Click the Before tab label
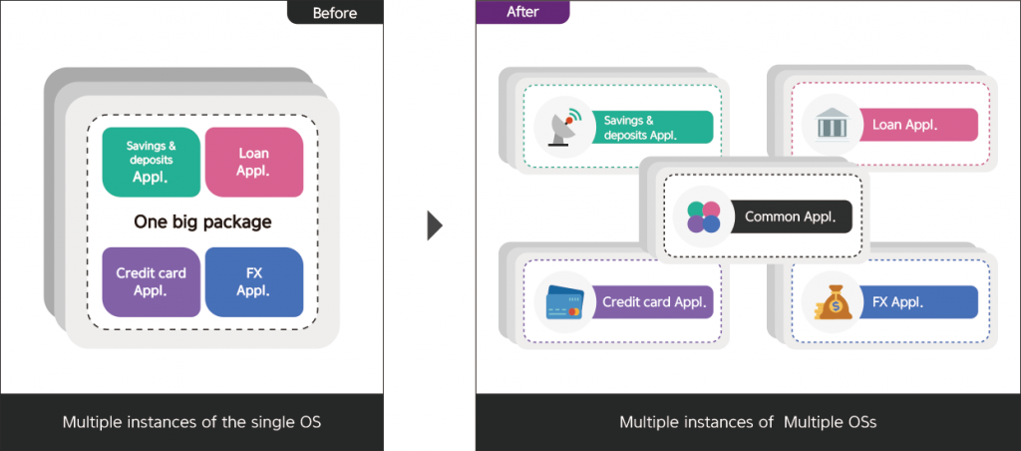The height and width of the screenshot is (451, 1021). (x=335, y=12)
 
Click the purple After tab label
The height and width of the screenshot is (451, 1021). (x=521, y=12)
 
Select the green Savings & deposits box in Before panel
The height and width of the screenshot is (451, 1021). (x=151, y=163)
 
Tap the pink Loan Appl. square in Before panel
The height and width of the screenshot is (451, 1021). (x=253, y=163)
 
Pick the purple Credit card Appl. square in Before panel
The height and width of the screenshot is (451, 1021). (x=151, y=282)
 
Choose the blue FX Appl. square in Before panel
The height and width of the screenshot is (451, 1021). (x=253, y=282)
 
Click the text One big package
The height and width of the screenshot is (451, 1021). (x=202, y=222)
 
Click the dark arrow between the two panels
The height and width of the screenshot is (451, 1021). (x=435, y=225)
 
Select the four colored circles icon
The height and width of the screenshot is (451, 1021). (x=702, y=216)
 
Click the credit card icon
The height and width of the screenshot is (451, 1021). (x=563, y=302)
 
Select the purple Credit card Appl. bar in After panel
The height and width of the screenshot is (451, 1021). (x=653, y=302)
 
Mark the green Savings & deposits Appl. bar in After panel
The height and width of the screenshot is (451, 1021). (x=653, y=127)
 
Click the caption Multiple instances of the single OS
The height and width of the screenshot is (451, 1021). (x=191, y=422)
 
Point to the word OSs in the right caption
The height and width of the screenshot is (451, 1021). (x=855, y=422)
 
